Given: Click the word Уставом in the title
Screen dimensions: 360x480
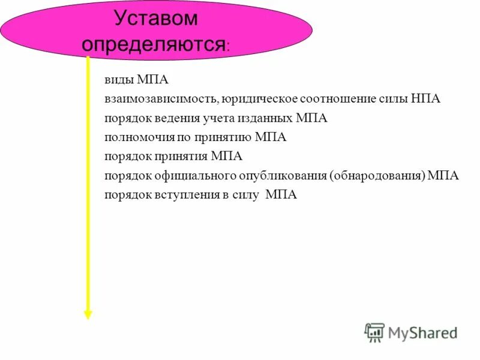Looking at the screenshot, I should tap(155, 19).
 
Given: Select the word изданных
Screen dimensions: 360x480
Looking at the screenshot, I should tap(257, 118).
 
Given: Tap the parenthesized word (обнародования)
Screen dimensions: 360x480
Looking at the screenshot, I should tap(377, 176).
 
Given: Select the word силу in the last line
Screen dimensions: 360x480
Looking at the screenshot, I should tap(247, 195).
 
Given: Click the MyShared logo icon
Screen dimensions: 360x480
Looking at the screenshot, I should tap(374, 332).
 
